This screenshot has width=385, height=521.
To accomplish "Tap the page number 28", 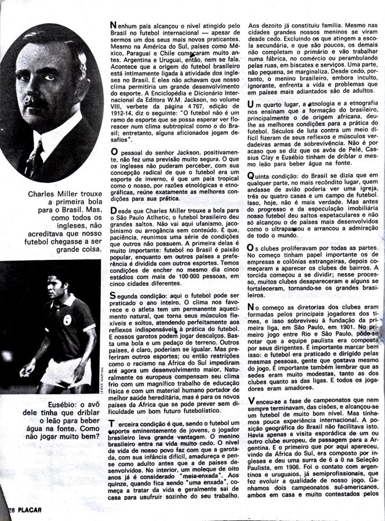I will point(6,510).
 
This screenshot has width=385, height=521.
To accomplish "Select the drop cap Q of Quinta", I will point(250,175).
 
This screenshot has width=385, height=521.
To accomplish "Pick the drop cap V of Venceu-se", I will point(250,402).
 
